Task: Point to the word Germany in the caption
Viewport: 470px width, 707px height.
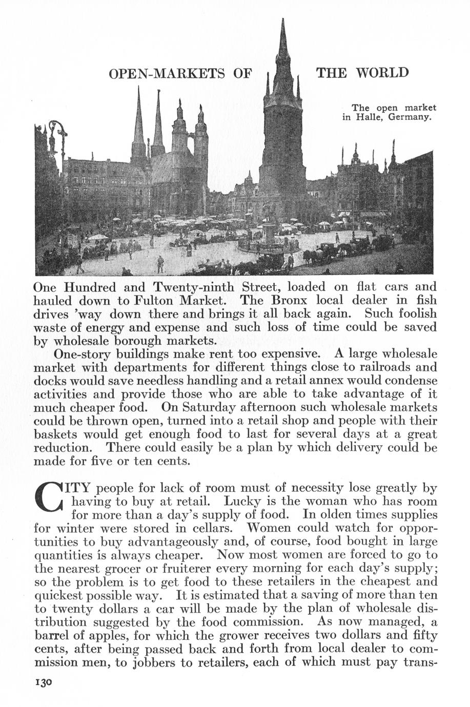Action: [410, 117]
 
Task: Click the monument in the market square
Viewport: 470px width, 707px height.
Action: [269, 233]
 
